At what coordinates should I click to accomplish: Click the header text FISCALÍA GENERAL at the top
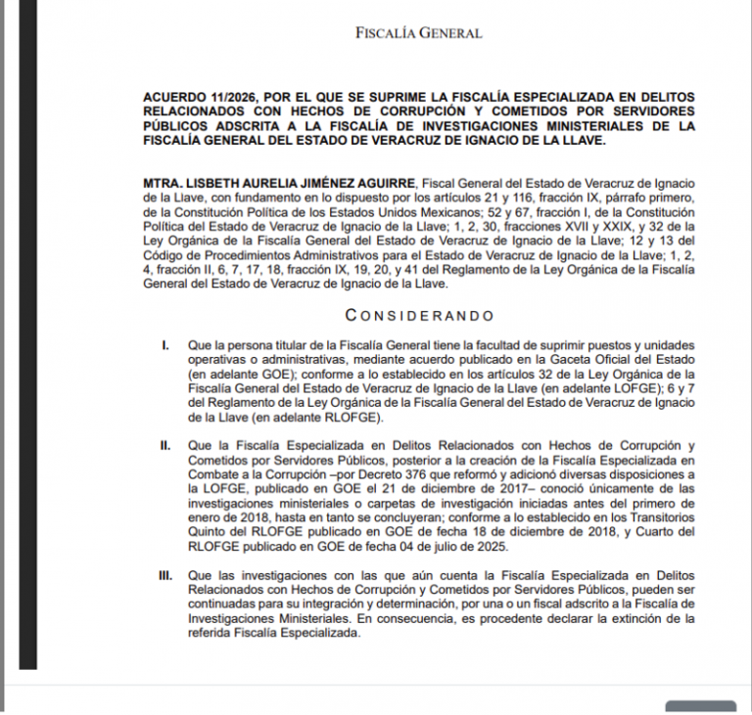(x=418, y=33)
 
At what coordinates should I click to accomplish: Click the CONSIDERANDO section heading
(x=419, y=316)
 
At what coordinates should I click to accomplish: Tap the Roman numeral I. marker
(x=165, y=345)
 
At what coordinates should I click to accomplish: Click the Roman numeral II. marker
(x=165, y=447)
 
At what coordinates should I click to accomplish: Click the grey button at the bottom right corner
(x=700, y=706)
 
